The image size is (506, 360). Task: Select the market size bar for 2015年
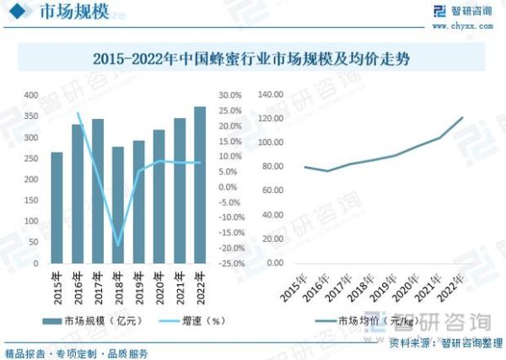57,207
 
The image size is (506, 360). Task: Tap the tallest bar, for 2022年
199,185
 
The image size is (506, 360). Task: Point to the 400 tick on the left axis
31,94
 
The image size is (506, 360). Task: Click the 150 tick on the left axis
31,200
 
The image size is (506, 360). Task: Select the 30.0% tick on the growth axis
231,94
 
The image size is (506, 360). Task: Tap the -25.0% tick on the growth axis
230,263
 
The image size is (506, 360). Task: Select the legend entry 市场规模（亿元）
97,320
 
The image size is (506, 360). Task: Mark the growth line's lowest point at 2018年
118,245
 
